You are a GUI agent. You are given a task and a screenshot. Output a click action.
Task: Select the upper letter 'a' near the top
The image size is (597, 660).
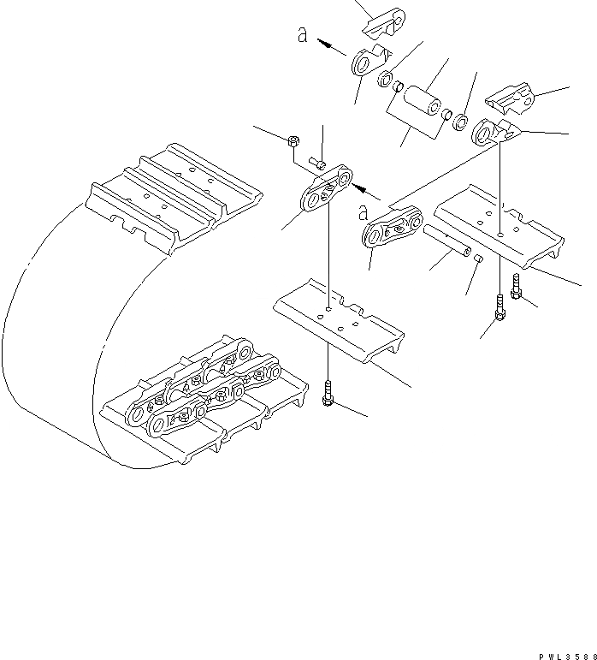[301, 35]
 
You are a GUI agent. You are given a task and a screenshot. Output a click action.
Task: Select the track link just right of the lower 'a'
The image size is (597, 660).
[393, 229]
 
